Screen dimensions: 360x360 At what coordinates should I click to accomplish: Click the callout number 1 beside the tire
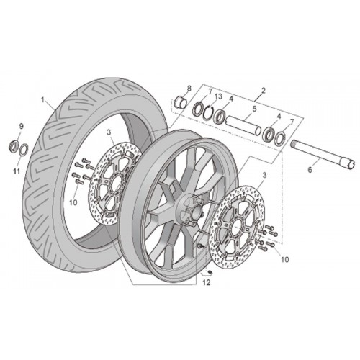(43, 99)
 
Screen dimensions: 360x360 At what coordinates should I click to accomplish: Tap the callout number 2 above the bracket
(264, 91)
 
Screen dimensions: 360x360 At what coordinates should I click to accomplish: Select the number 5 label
(254, 109)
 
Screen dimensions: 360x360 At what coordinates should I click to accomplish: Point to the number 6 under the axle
(310, 170)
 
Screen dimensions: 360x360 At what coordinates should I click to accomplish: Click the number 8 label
(189, 89)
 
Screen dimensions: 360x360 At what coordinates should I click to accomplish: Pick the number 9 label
(22, 126)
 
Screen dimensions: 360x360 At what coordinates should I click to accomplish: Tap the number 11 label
(17, 171)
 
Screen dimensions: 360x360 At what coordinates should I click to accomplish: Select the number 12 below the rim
(207, 282)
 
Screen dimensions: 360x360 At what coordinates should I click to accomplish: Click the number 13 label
(218, 96)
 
